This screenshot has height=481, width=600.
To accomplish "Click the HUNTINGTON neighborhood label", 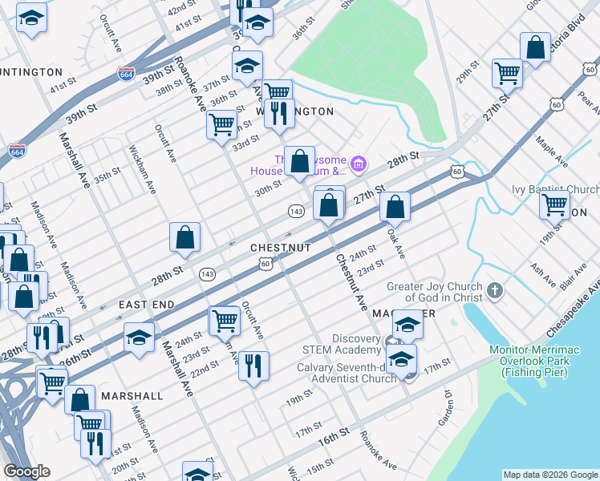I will tap(30, 72).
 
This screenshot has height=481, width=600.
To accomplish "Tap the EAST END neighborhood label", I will tap(147, 305).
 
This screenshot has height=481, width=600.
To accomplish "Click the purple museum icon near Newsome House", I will tap(359, 165).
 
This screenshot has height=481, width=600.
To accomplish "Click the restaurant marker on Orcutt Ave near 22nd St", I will tap(253, 366).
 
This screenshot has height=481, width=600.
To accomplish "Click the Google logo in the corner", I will tap(26, 471).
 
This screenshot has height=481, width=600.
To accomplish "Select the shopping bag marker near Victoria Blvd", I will tap(535, 46).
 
